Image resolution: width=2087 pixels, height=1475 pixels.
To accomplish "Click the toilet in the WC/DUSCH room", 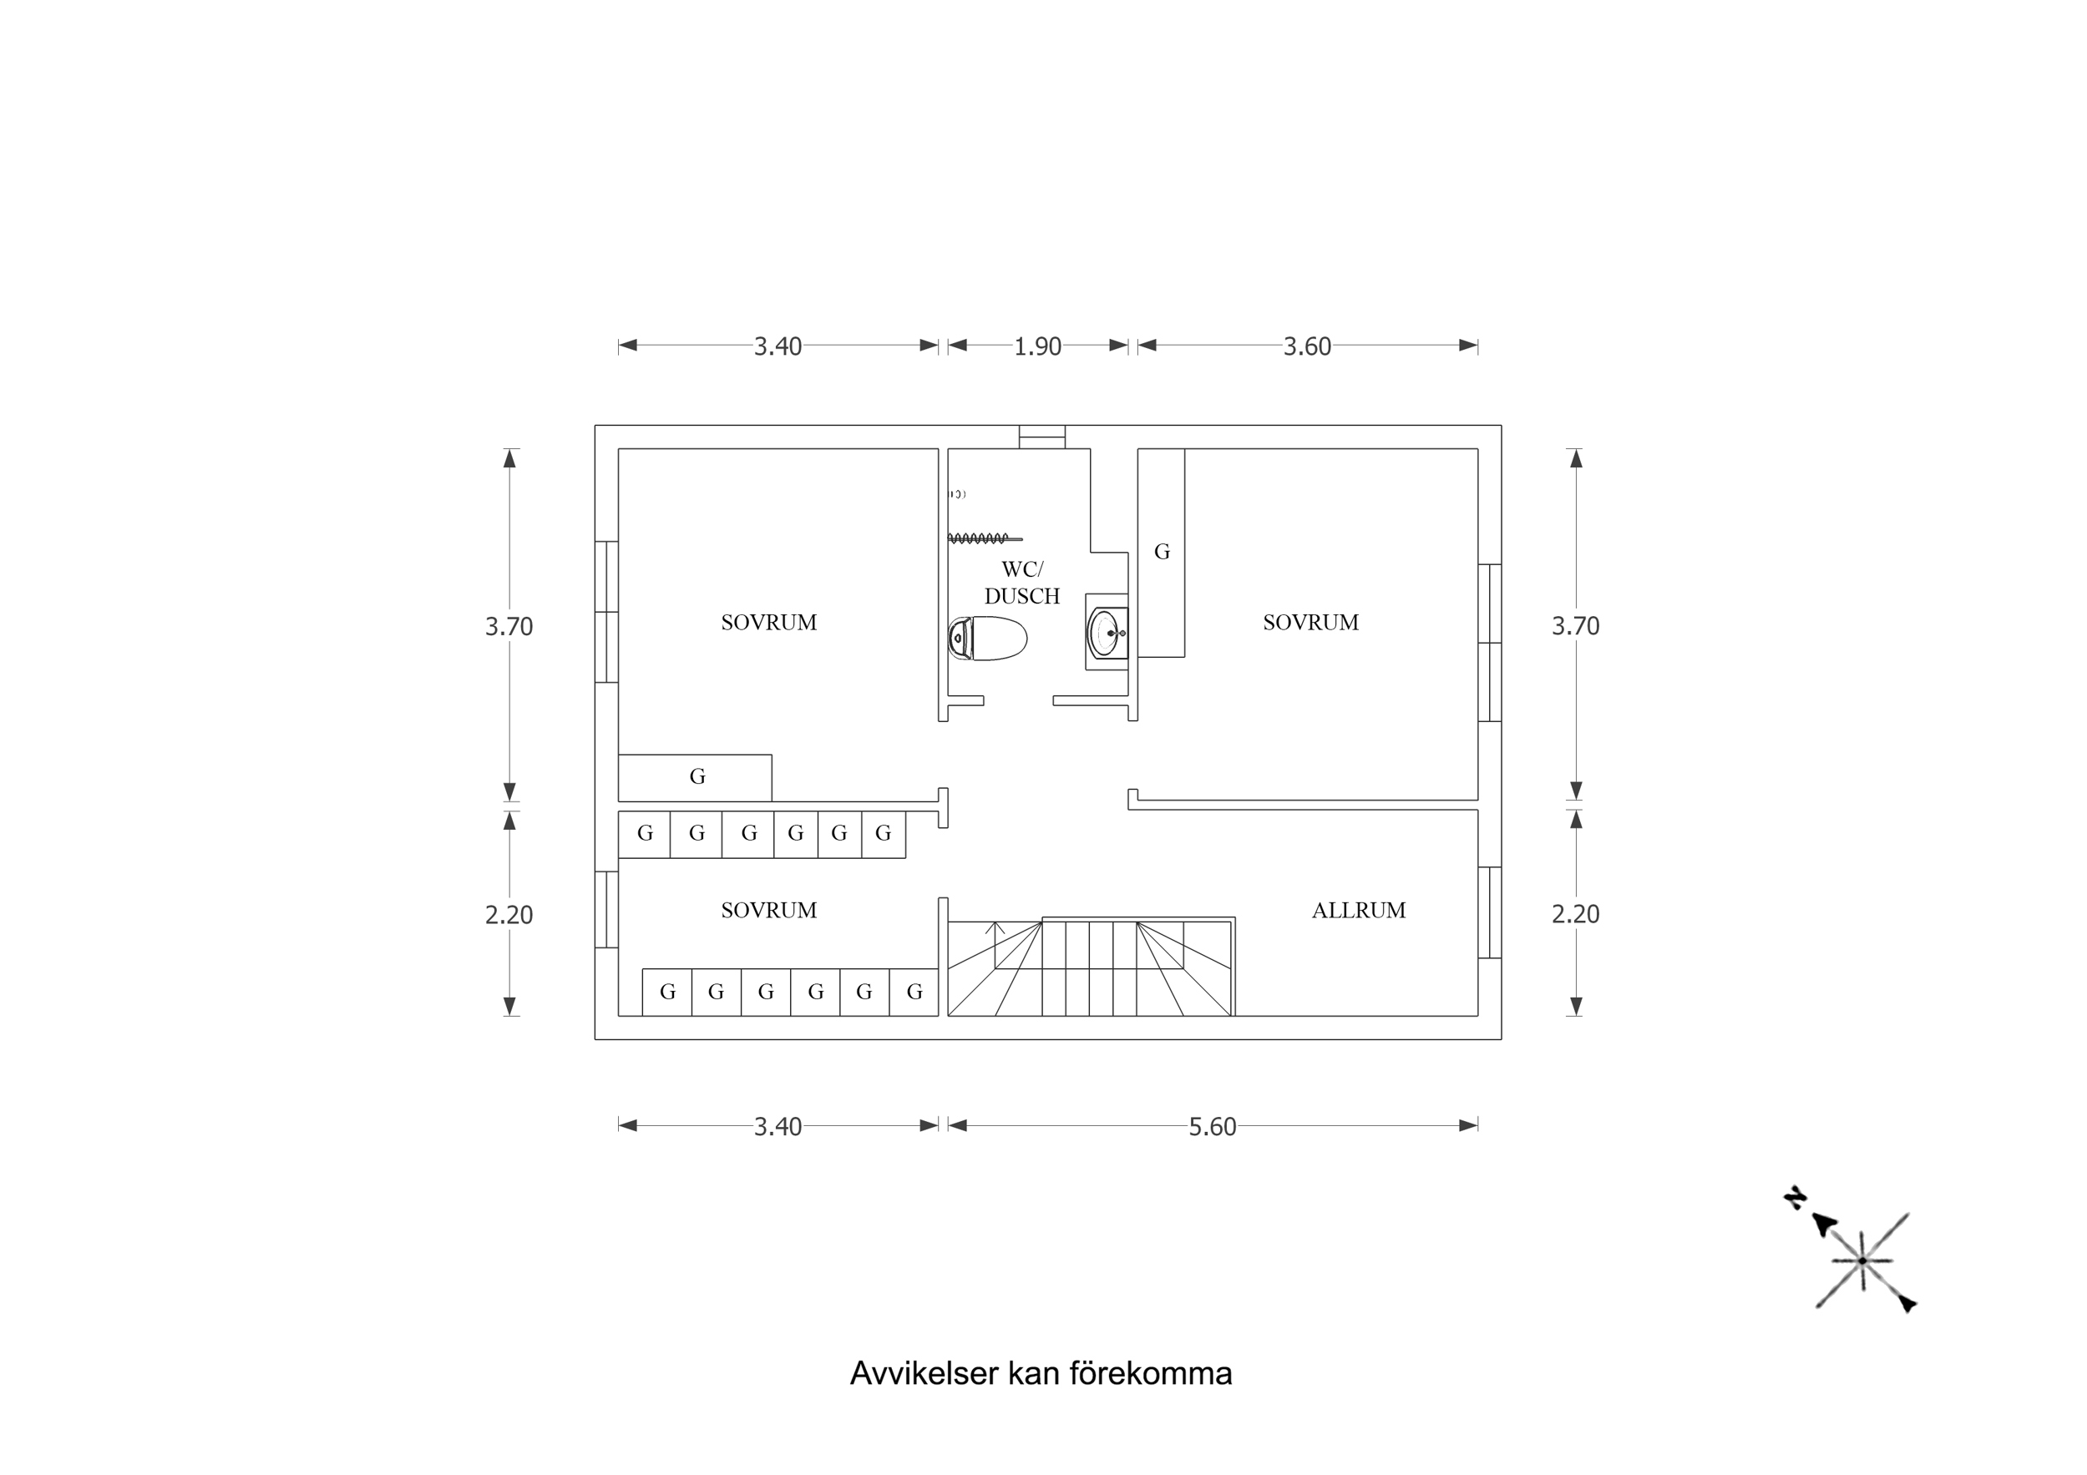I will (988, 638).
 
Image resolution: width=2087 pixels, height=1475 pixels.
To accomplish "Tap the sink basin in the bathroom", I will (1107, 633).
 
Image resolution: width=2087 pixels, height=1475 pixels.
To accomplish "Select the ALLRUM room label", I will (1358, 910).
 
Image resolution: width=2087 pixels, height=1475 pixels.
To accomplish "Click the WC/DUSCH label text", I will (1021, 583).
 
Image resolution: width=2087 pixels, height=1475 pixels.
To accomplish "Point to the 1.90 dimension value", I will (1037, 346).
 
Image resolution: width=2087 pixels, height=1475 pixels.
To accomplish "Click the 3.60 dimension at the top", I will (1306, 346).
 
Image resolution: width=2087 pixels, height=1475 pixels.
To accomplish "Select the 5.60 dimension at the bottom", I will (1212, 1127).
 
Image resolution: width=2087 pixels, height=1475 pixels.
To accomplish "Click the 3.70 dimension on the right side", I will (1574, 625).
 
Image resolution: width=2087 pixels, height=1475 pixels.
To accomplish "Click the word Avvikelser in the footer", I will (924, 1373).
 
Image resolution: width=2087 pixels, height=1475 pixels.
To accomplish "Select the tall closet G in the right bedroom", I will (1161, 552).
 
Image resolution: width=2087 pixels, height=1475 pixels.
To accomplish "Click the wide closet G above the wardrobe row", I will (697, 777).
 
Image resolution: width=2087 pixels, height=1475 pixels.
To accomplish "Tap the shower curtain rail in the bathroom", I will (984, 539).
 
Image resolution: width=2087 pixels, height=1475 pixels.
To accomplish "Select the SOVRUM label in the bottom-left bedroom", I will (768, 910).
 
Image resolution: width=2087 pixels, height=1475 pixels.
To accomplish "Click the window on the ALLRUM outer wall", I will (1489, 912).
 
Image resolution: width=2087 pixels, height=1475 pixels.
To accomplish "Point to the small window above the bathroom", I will (1041, 437).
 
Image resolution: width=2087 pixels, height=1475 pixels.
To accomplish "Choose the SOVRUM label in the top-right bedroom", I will (1309, 623).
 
